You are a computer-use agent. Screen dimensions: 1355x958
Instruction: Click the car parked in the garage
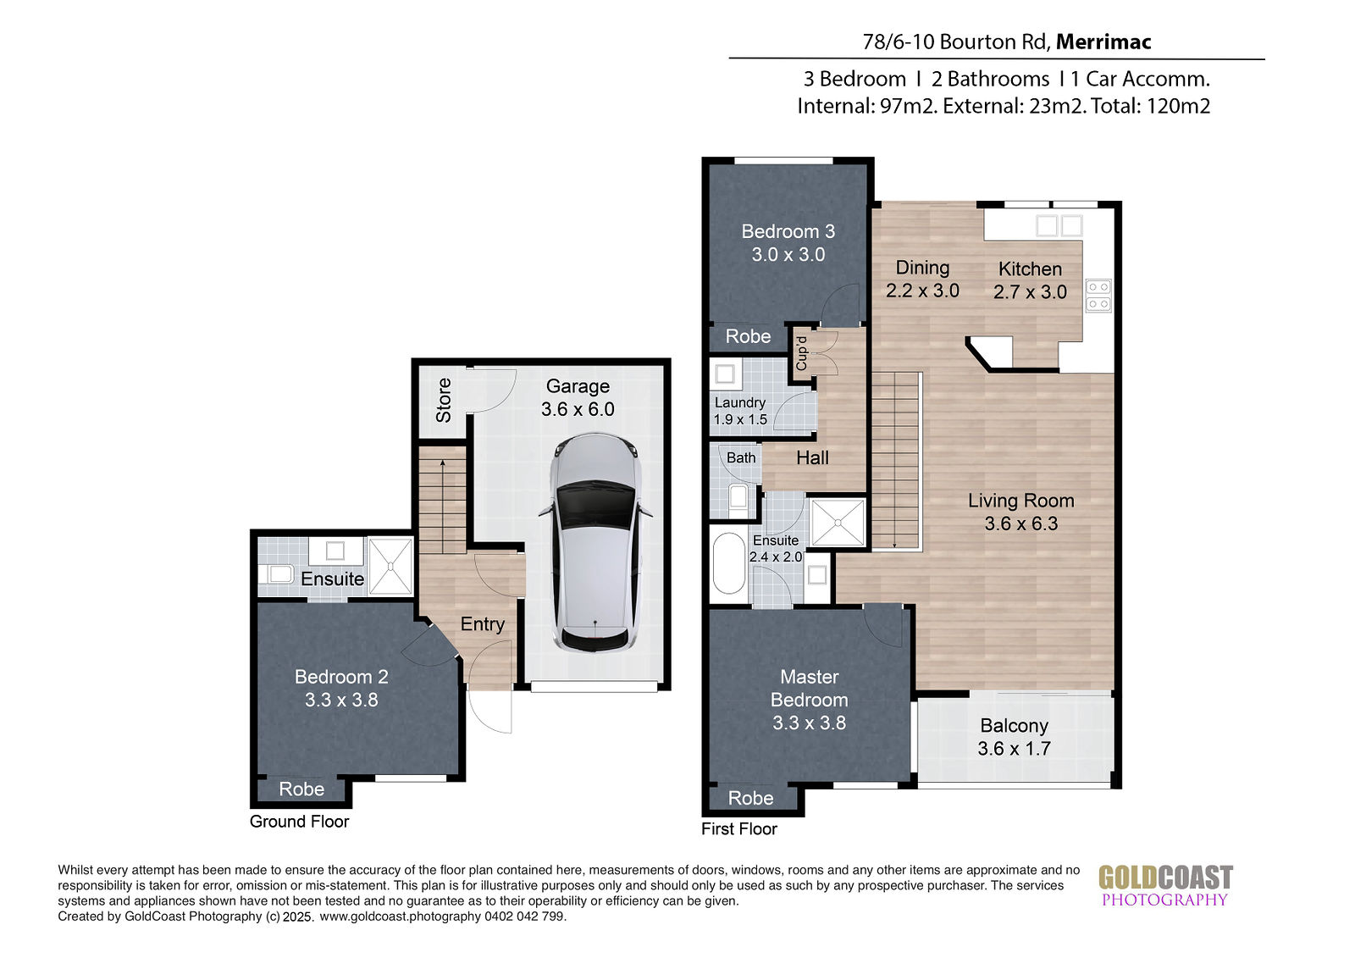coord(595,542)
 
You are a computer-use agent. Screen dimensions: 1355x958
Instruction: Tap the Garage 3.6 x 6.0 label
coord(578,397)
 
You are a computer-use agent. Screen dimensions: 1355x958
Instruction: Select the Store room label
coord(444,400)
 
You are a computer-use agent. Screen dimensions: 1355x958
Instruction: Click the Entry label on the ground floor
coord(482,624)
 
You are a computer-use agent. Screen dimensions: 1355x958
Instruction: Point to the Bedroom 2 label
coord(341,688)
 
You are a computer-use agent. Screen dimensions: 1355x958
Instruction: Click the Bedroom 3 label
coord(788,243)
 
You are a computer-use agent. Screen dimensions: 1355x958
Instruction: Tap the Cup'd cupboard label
coord(801,353)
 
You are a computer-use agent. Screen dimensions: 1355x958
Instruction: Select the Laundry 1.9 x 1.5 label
coord(740,411)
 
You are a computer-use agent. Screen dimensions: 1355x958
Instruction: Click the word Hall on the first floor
coord(812,458)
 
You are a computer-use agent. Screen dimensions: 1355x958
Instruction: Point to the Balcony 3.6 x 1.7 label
coord(1014,737)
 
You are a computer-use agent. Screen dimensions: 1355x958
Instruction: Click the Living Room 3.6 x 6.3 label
coord(1021,512)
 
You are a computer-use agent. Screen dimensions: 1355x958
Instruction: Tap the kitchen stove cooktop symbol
coord(1098,296)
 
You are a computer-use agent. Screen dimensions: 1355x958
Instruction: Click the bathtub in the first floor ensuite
coord(729,562)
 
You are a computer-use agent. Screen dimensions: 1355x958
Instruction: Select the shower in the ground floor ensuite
coord(390,567)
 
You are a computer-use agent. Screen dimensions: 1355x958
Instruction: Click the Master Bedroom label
coord(809,700)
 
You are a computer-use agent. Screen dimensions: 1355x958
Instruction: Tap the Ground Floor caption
coord(300,822)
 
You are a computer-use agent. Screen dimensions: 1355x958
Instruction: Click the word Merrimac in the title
coord(1103,42)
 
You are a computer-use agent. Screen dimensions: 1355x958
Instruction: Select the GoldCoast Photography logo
coord(1165,885)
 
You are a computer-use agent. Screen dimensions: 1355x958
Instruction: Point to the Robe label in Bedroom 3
coord(749,336)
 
